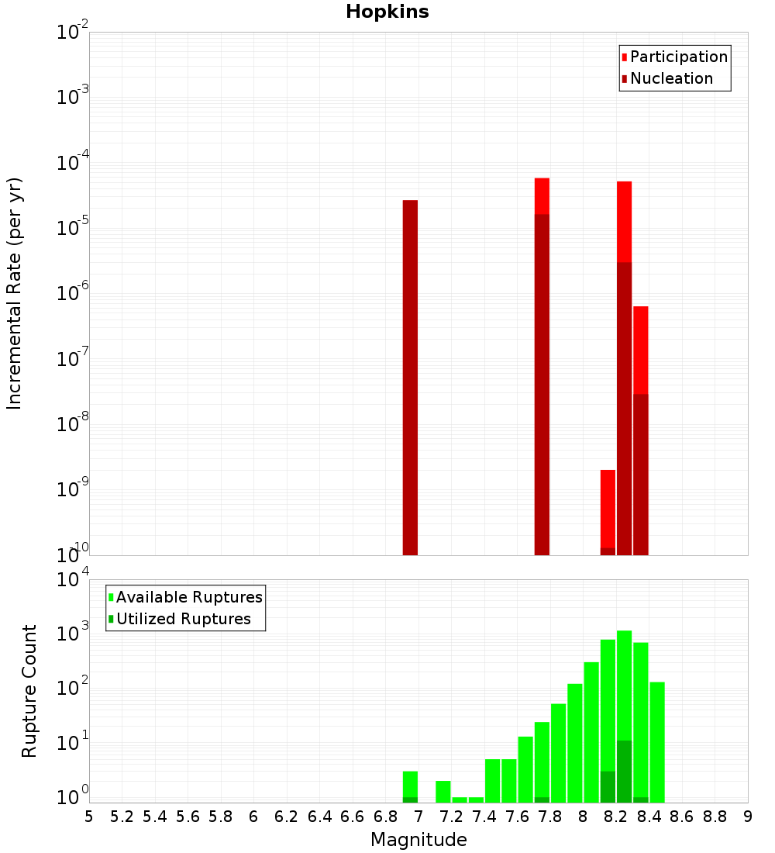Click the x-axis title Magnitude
(x=418, y=840)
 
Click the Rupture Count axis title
(x=29, y=691)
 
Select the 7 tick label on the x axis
(x=418, y=817)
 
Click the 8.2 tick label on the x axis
(x=616, y=817)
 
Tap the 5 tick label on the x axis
(x=89, y=817)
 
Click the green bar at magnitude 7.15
(x=443, y=791)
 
